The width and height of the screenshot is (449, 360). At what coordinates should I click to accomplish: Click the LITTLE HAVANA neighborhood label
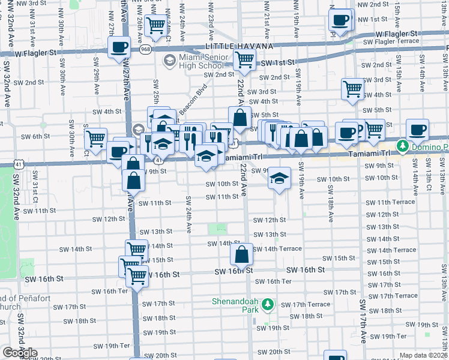[239, 46]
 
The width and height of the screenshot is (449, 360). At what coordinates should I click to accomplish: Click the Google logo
[20, 353]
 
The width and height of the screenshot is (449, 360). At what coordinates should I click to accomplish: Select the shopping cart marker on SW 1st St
[244, 59]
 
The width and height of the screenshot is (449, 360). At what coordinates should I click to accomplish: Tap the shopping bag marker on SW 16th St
[241, 254]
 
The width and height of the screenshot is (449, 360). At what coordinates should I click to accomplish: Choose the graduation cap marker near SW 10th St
[279, 178]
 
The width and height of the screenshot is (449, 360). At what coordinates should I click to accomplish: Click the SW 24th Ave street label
[188, 215]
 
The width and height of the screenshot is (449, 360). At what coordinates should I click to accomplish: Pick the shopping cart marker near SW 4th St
[353, 88]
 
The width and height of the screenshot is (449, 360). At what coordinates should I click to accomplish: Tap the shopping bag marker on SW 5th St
[240, 117]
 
